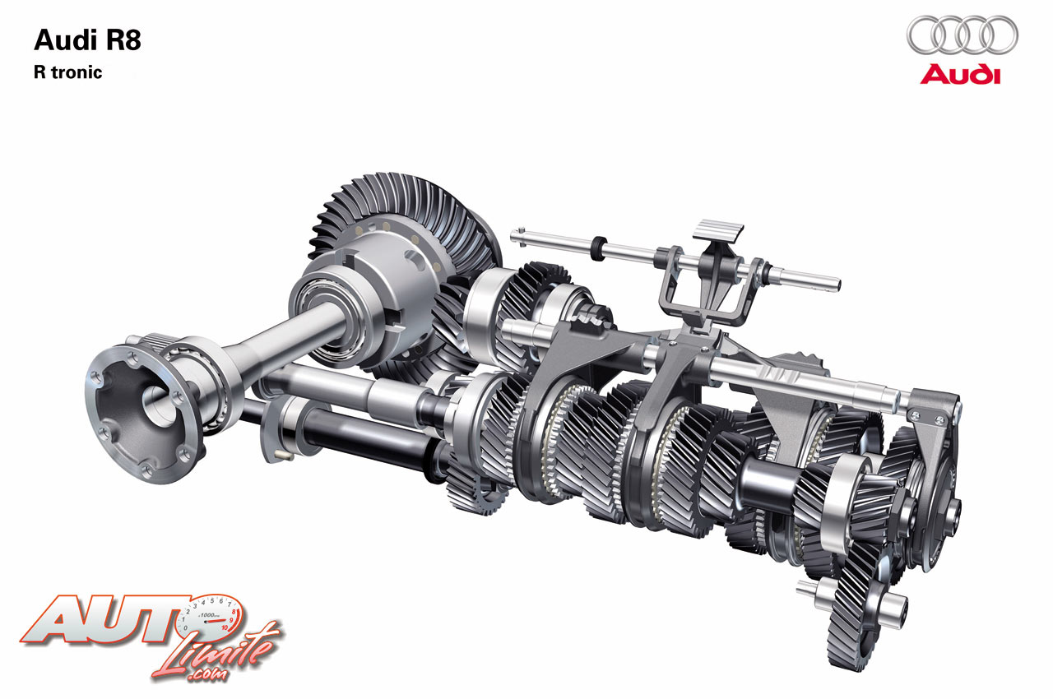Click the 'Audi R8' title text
87,39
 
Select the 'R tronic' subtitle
67,72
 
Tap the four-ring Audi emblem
963,35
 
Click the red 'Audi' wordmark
960,75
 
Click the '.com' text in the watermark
206,674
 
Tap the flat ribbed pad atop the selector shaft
718,230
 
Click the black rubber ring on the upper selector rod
598,248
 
